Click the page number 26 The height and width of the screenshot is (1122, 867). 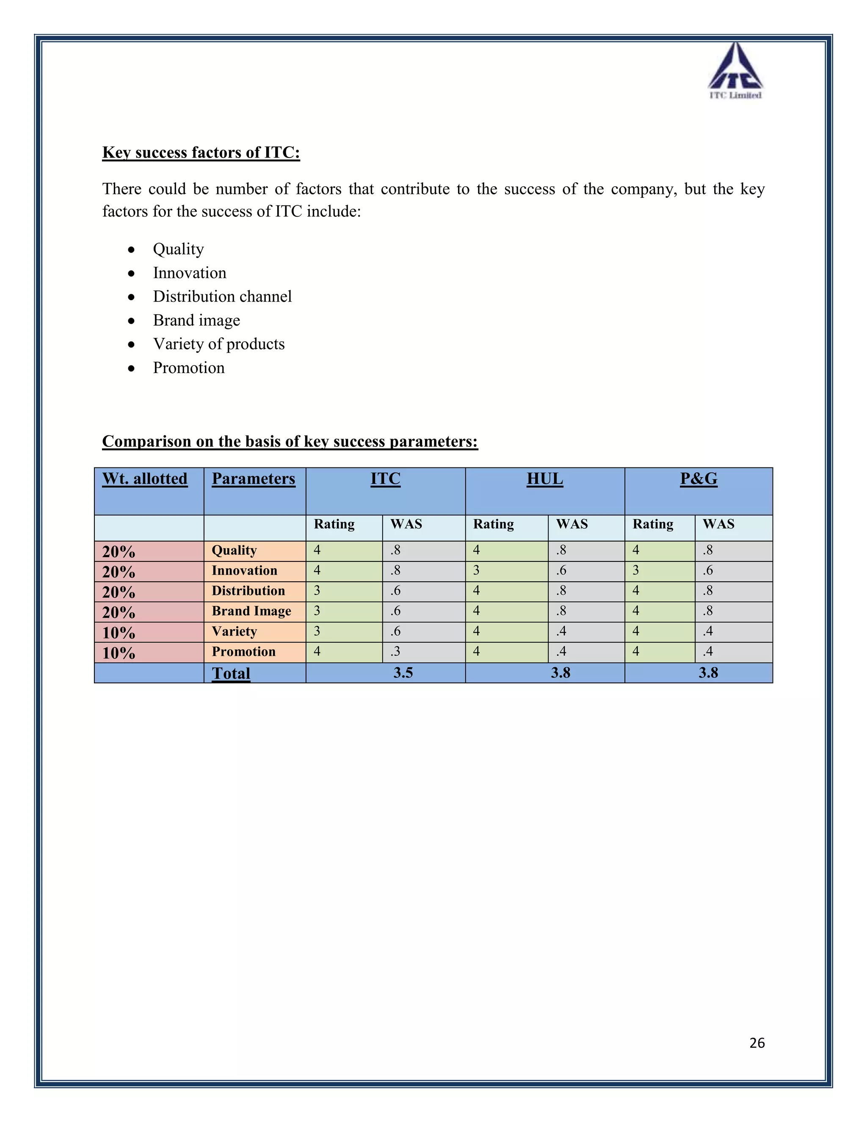pos(757,1042)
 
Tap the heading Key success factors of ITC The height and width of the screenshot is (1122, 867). pos(201,152)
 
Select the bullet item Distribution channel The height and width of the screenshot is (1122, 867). pos(222,296)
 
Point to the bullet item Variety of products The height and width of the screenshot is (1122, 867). pos(218,344)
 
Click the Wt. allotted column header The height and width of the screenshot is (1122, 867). pos(145,479)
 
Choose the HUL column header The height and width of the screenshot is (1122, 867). pos(544,479)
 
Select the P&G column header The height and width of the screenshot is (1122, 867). pos(698,479)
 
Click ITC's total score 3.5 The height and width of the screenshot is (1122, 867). pos(403,672)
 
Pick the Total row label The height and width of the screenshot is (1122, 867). pos(231,673)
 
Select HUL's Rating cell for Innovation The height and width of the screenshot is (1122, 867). pos(476,570)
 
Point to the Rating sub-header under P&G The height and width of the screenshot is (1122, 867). pos(652,524)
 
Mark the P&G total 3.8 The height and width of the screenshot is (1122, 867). pos(708,672)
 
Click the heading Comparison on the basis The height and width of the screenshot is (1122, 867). pos(290,441)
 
